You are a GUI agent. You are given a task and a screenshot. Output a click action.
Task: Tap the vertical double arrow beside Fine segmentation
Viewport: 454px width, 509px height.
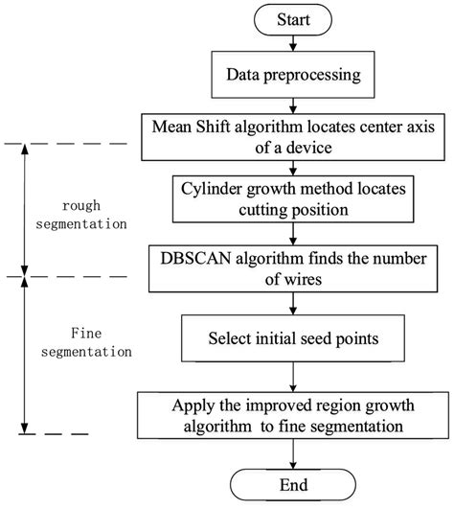tap(21, 356)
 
